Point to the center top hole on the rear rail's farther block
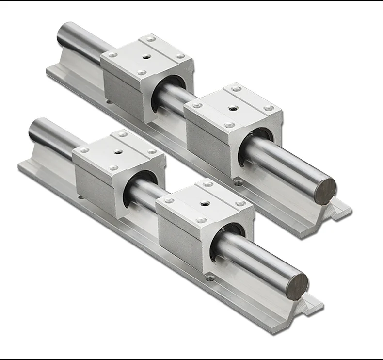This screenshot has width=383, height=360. (x=145, y=56)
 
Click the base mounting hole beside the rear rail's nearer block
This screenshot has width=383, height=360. (x=238, y=183)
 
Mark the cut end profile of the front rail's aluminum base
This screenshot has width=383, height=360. (x=310, y=306)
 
